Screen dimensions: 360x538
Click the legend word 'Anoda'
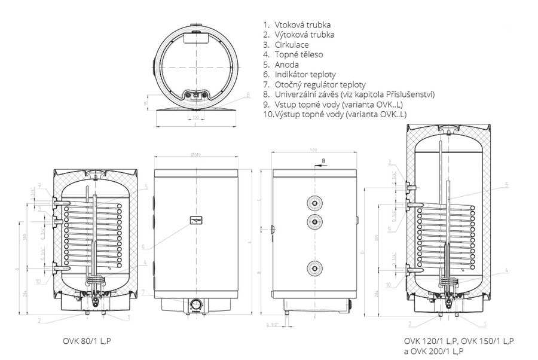click(x=286, y=65)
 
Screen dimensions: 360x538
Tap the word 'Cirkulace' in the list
click(x=292, y=45)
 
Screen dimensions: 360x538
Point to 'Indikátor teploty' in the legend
click(x=305, y=75)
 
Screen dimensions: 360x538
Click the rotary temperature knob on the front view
click(x=196, y=303)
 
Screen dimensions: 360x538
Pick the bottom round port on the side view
click(x=313, y=268)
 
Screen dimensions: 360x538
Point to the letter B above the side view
click(x=323, y=161)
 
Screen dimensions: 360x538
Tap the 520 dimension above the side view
click(x=313, y=150)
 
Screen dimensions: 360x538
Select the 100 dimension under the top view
click(x=195, y=117)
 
